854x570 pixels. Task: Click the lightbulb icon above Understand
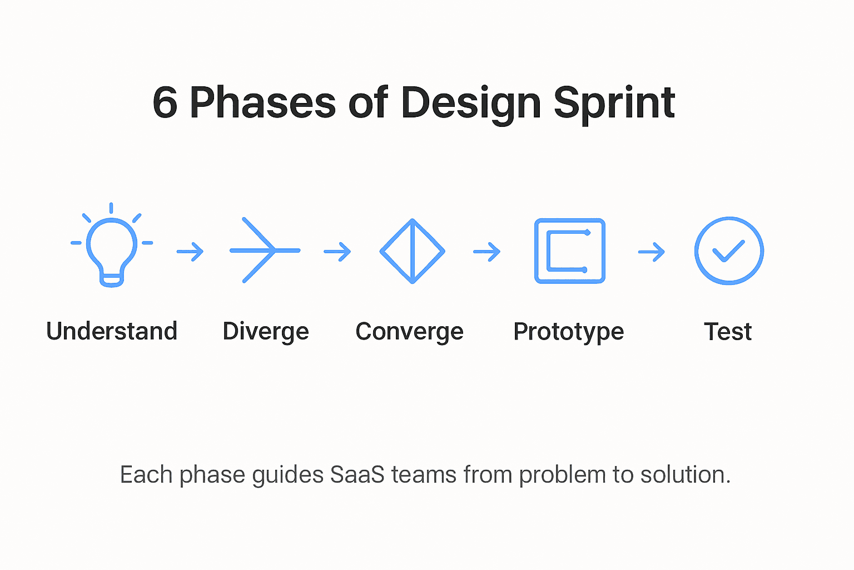[x=112, y=249]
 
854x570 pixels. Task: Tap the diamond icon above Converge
[x=412, y=251]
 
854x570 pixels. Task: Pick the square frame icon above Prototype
[x=569, y=251]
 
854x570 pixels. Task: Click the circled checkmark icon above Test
[x=728, y=251]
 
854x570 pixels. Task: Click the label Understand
[x=112, y=331]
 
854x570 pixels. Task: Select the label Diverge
[x=265, y=332]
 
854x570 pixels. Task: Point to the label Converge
[x=409, y=332]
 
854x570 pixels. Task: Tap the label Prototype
[x=568, y=332]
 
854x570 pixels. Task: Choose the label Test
[x=728, y=332]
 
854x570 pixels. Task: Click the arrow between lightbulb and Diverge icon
[x=190, y=252]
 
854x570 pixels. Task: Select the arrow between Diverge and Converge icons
[x=337, y=252]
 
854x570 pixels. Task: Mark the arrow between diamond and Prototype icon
[x=487, y=252]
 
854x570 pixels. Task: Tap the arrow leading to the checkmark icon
[x=652, y=252]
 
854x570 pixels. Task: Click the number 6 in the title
[x=165, y=103]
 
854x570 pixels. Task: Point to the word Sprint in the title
[x=614, y=103]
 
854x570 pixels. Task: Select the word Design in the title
[x=471, y=103]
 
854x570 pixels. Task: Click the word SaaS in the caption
[x=357, y=475]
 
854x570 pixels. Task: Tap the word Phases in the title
[x=262, y=103]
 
